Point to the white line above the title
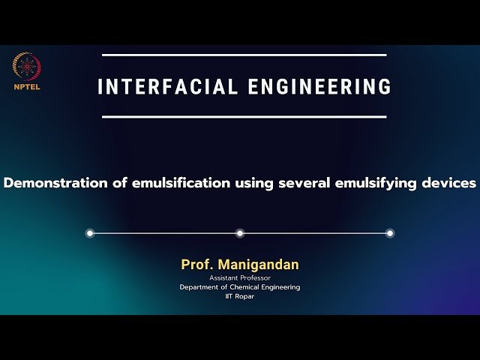click(244, 55)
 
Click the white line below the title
click(244, 117)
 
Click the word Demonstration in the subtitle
click(56, 183)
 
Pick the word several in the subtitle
click(304, 183)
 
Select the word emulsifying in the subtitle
click(379, 183)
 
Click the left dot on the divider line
click(90, 233)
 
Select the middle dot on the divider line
click(240, 233)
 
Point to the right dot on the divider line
click(390, 233)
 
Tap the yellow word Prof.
click(195, 265)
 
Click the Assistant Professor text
click(240, 278)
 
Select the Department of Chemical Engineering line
click(240, 287)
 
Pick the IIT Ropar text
click(240, 296)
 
